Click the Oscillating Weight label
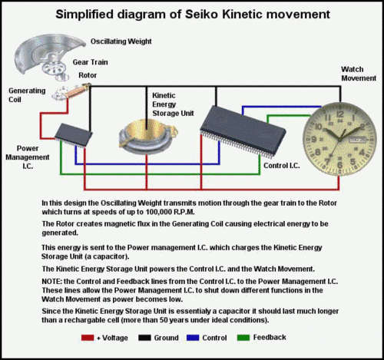click(121, 41)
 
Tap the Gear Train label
click(90, 62)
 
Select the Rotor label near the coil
click(88, 75)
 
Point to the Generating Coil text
click(27, 95)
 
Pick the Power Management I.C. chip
click(74, 135)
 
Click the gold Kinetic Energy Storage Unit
click(148, 137)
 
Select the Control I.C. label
click(282, 166)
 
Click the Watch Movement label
click(359, 74)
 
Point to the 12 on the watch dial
click(340, 114)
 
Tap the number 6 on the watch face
click(339, 165)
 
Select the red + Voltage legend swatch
click(88, 338)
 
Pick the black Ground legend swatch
click(144, 338)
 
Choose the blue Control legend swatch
click(193, 338)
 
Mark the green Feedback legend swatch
click(243, 338)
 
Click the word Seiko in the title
click(202, 15)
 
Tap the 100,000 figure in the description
click(157, 212)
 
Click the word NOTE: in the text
click(51, 282)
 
